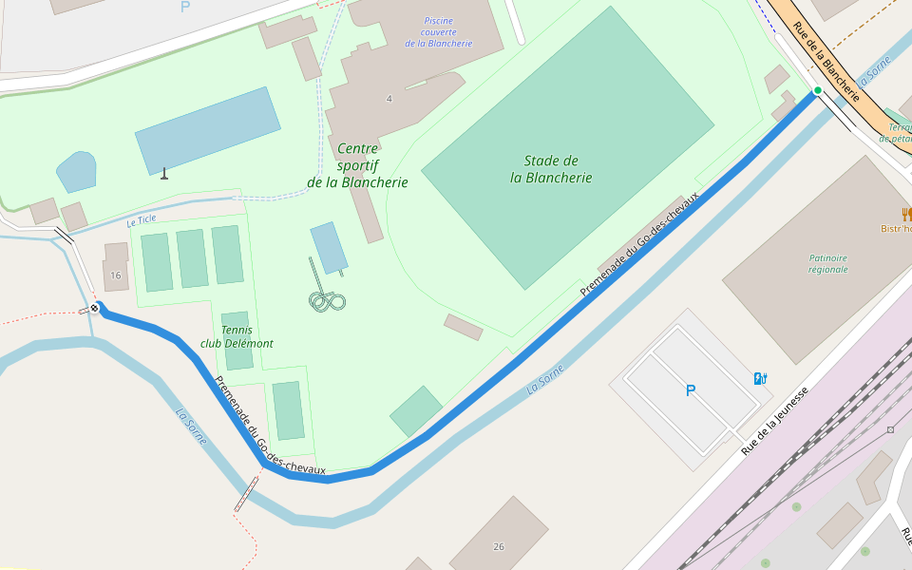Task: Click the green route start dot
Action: (817, 90)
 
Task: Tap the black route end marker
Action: (95, 308)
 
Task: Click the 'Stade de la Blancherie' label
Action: (551, 169)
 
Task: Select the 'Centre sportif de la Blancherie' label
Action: (357, 165)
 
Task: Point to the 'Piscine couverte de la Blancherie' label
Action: (438, 32)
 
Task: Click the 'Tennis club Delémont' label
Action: (237, 336)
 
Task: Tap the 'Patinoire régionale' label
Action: (828, 263)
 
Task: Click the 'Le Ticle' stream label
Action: (141, 221)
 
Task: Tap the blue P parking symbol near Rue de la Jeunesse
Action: (690, 390)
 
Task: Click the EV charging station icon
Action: (759, 378)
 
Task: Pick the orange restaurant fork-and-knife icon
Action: (906, 214)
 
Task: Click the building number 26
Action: (499, 546)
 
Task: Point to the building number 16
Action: (116, 275)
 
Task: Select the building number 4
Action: (389, 99)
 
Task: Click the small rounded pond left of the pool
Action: (76, 172)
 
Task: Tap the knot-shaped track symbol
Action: (327, 300)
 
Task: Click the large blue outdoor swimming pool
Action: (207, 130)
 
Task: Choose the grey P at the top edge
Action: (184, 7)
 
